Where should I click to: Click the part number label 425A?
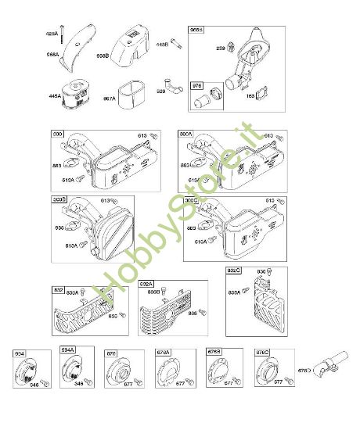point(52,34)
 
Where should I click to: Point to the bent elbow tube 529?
point(169,84)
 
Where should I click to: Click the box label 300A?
point(186,135)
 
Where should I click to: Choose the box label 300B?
point(59,200)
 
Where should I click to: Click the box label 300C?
point(191,200)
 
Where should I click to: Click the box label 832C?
point(234,271)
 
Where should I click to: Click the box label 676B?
point(214,352)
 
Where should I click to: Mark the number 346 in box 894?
point(34,384)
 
